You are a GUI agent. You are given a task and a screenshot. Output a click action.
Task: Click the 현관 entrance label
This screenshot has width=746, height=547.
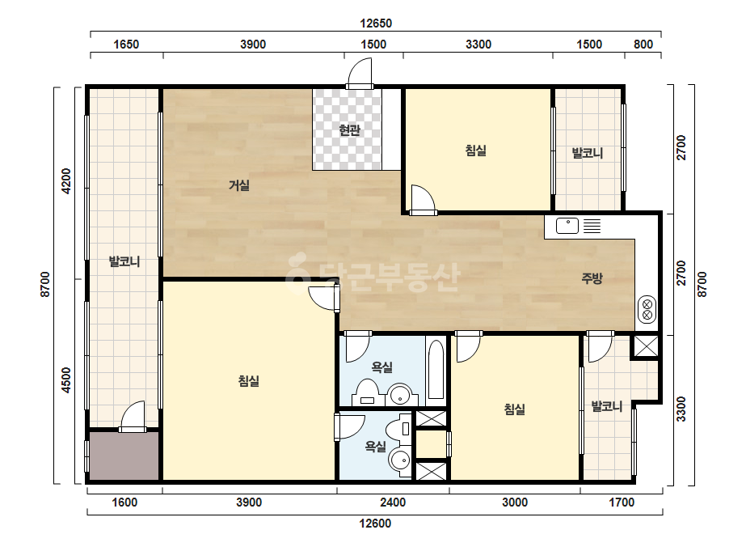(x=350, y=130)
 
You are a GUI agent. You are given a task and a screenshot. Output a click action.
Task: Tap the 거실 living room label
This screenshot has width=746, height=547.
(x=239, y=184)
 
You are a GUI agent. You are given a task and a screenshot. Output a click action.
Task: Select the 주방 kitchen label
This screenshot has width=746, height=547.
(x=592, y=278)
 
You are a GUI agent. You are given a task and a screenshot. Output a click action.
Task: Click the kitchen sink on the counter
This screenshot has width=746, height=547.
(x=567, y=226)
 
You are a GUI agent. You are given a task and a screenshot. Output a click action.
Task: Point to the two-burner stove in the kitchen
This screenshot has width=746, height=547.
(x=647, y=309)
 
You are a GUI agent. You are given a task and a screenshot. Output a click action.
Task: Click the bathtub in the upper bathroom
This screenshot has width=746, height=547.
(x=436, y=370)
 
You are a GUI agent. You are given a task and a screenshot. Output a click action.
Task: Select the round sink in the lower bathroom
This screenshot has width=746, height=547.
(x=399, y=461)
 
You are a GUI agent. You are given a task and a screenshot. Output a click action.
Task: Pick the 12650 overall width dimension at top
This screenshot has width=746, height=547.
(x=376, y=23)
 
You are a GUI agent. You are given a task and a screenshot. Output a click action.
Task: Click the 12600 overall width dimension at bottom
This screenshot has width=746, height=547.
(x=375, y=524)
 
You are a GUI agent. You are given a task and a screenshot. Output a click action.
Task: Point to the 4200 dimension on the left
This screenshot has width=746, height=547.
(x=66, y=181)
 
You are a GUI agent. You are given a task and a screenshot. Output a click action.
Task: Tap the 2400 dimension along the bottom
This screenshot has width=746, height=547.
(x=393, y=502)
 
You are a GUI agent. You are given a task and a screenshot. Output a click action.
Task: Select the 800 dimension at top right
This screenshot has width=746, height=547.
(x=643, y=45)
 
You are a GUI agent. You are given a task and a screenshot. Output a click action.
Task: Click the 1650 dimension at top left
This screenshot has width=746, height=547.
(x=126, y=45)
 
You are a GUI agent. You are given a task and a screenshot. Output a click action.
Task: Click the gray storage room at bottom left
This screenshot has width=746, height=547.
(x=124, y=456)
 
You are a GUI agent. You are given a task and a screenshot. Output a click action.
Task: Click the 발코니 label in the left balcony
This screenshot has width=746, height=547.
(x=124, y=261)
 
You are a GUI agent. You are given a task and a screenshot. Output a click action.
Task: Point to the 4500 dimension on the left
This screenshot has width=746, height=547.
(x=66, y=380)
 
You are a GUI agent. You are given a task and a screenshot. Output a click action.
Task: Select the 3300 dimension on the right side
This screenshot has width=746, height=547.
(x=681, y=409)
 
